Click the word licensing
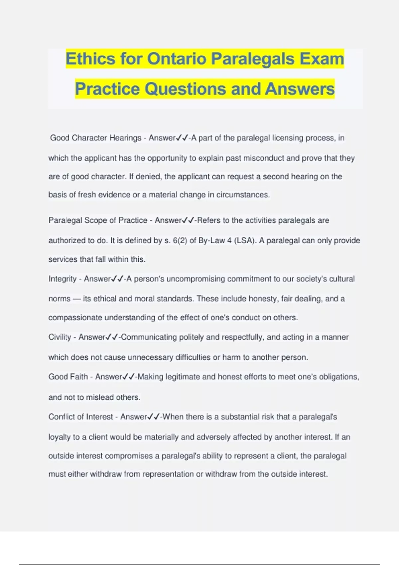[x=288, y=138]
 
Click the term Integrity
[x=63, y=279]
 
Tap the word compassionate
[x=75, y=317]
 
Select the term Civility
[x=60, y=337]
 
